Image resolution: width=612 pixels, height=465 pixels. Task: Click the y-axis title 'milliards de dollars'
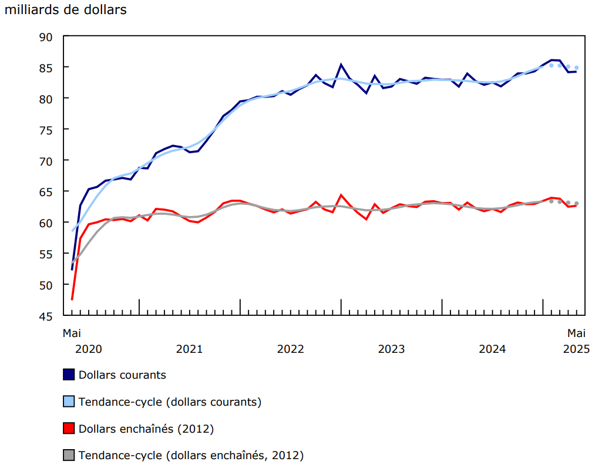[65, 10]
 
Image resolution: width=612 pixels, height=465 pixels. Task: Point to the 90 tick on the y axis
[46, 36]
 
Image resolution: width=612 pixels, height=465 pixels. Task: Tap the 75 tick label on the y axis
[46, 130]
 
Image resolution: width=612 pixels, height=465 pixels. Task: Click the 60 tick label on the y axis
[46, 223]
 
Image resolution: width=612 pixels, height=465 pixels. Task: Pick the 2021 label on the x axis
[189, 349]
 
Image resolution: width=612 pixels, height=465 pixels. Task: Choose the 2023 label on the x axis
[391, 349]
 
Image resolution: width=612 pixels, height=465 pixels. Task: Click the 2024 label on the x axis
[492, 349]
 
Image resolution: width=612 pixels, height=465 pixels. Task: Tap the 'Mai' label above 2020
[72, 333]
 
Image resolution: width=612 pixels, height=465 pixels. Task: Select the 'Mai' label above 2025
[576, 333]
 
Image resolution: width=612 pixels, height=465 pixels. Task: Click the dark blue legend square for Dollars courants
[69, 375]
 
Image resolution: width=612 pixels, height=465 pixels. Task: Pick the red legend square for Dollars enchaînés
[69, 429]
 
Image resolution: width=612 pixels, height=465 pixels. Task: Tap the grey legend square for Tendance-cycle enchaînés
[69, 456]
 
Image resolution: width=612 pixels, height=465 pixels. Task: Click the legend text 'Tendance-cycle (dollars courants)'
[170, 402]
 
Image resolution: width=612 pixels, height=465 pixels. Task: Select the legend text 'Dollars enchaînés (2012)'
[146, 429]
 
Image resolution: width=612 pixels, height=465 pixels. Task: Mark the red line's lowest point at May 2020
[72, 300]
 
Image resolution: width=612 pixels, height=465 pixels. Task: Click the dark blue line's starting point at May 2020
[72, 270]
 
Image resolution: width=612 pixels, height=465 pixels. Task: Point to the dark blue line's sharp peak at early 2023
[341, 65]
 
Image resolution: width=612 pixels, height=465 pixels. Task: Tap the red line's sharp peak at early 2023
[341, 195]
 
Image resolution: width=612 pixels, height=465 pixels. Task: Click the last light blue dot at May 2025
[576, 68]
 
